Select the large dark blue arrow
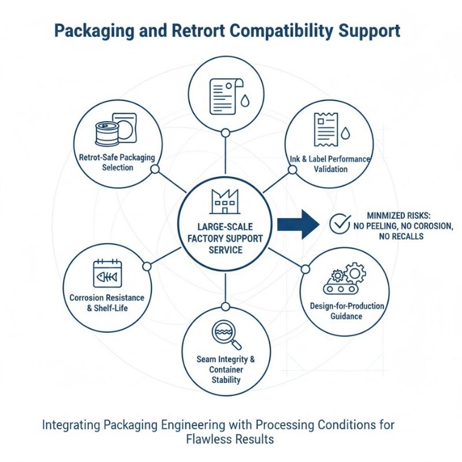click(x=297, y=223)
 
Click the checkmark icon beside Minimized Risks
click(x=339, y=223)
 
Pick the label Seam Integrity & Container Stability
click(x=226, y=370)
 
